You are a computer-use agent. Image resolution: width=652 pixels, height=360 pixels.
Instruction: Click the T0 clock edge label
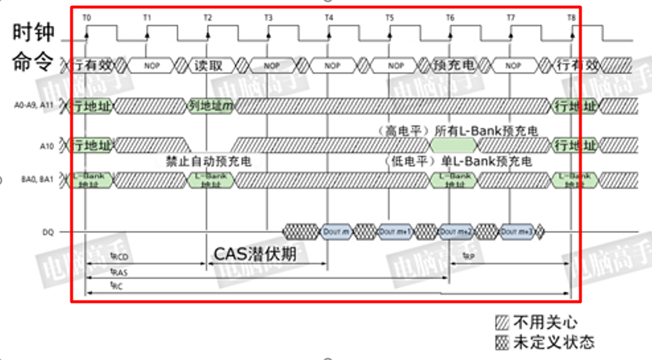87,16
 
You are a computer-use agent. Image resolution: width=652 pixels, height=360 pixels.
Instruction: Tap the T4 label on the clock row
329,16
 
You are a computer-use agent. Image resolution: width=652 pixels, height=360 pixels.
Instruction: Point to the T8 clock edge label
570,16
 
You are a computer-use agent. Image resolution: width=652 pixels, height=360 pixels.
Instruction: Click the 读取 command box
208,65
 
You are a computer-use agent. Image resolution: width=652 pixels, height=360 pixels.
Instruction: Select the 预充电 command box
452,65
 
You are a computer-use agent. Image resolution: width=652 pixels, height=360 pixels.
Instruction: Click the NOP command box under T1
151,65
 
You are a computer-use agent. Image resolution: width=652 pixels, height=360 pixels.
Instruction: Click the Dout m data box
332,232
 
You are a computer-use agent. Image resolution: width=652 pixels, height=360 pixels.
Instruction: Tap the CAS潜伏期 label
255,254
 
